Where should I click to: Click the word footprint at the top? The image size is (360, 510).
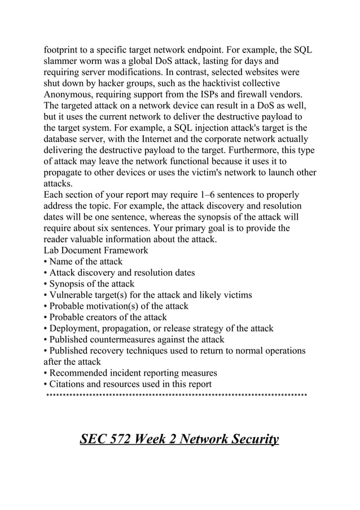coord(64,50)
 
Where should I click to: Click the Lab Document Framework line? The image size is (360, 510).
coord(96,250)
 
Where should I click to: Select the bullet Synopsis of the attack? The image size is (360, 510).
coord(89,284)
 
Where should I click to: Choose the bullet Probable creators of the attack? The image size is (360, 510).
coord(105,317)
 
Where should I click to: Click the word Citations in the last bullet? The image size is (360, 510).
coord(68,384)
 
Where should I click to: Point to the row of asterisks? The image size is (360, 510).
coord(176,395)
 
